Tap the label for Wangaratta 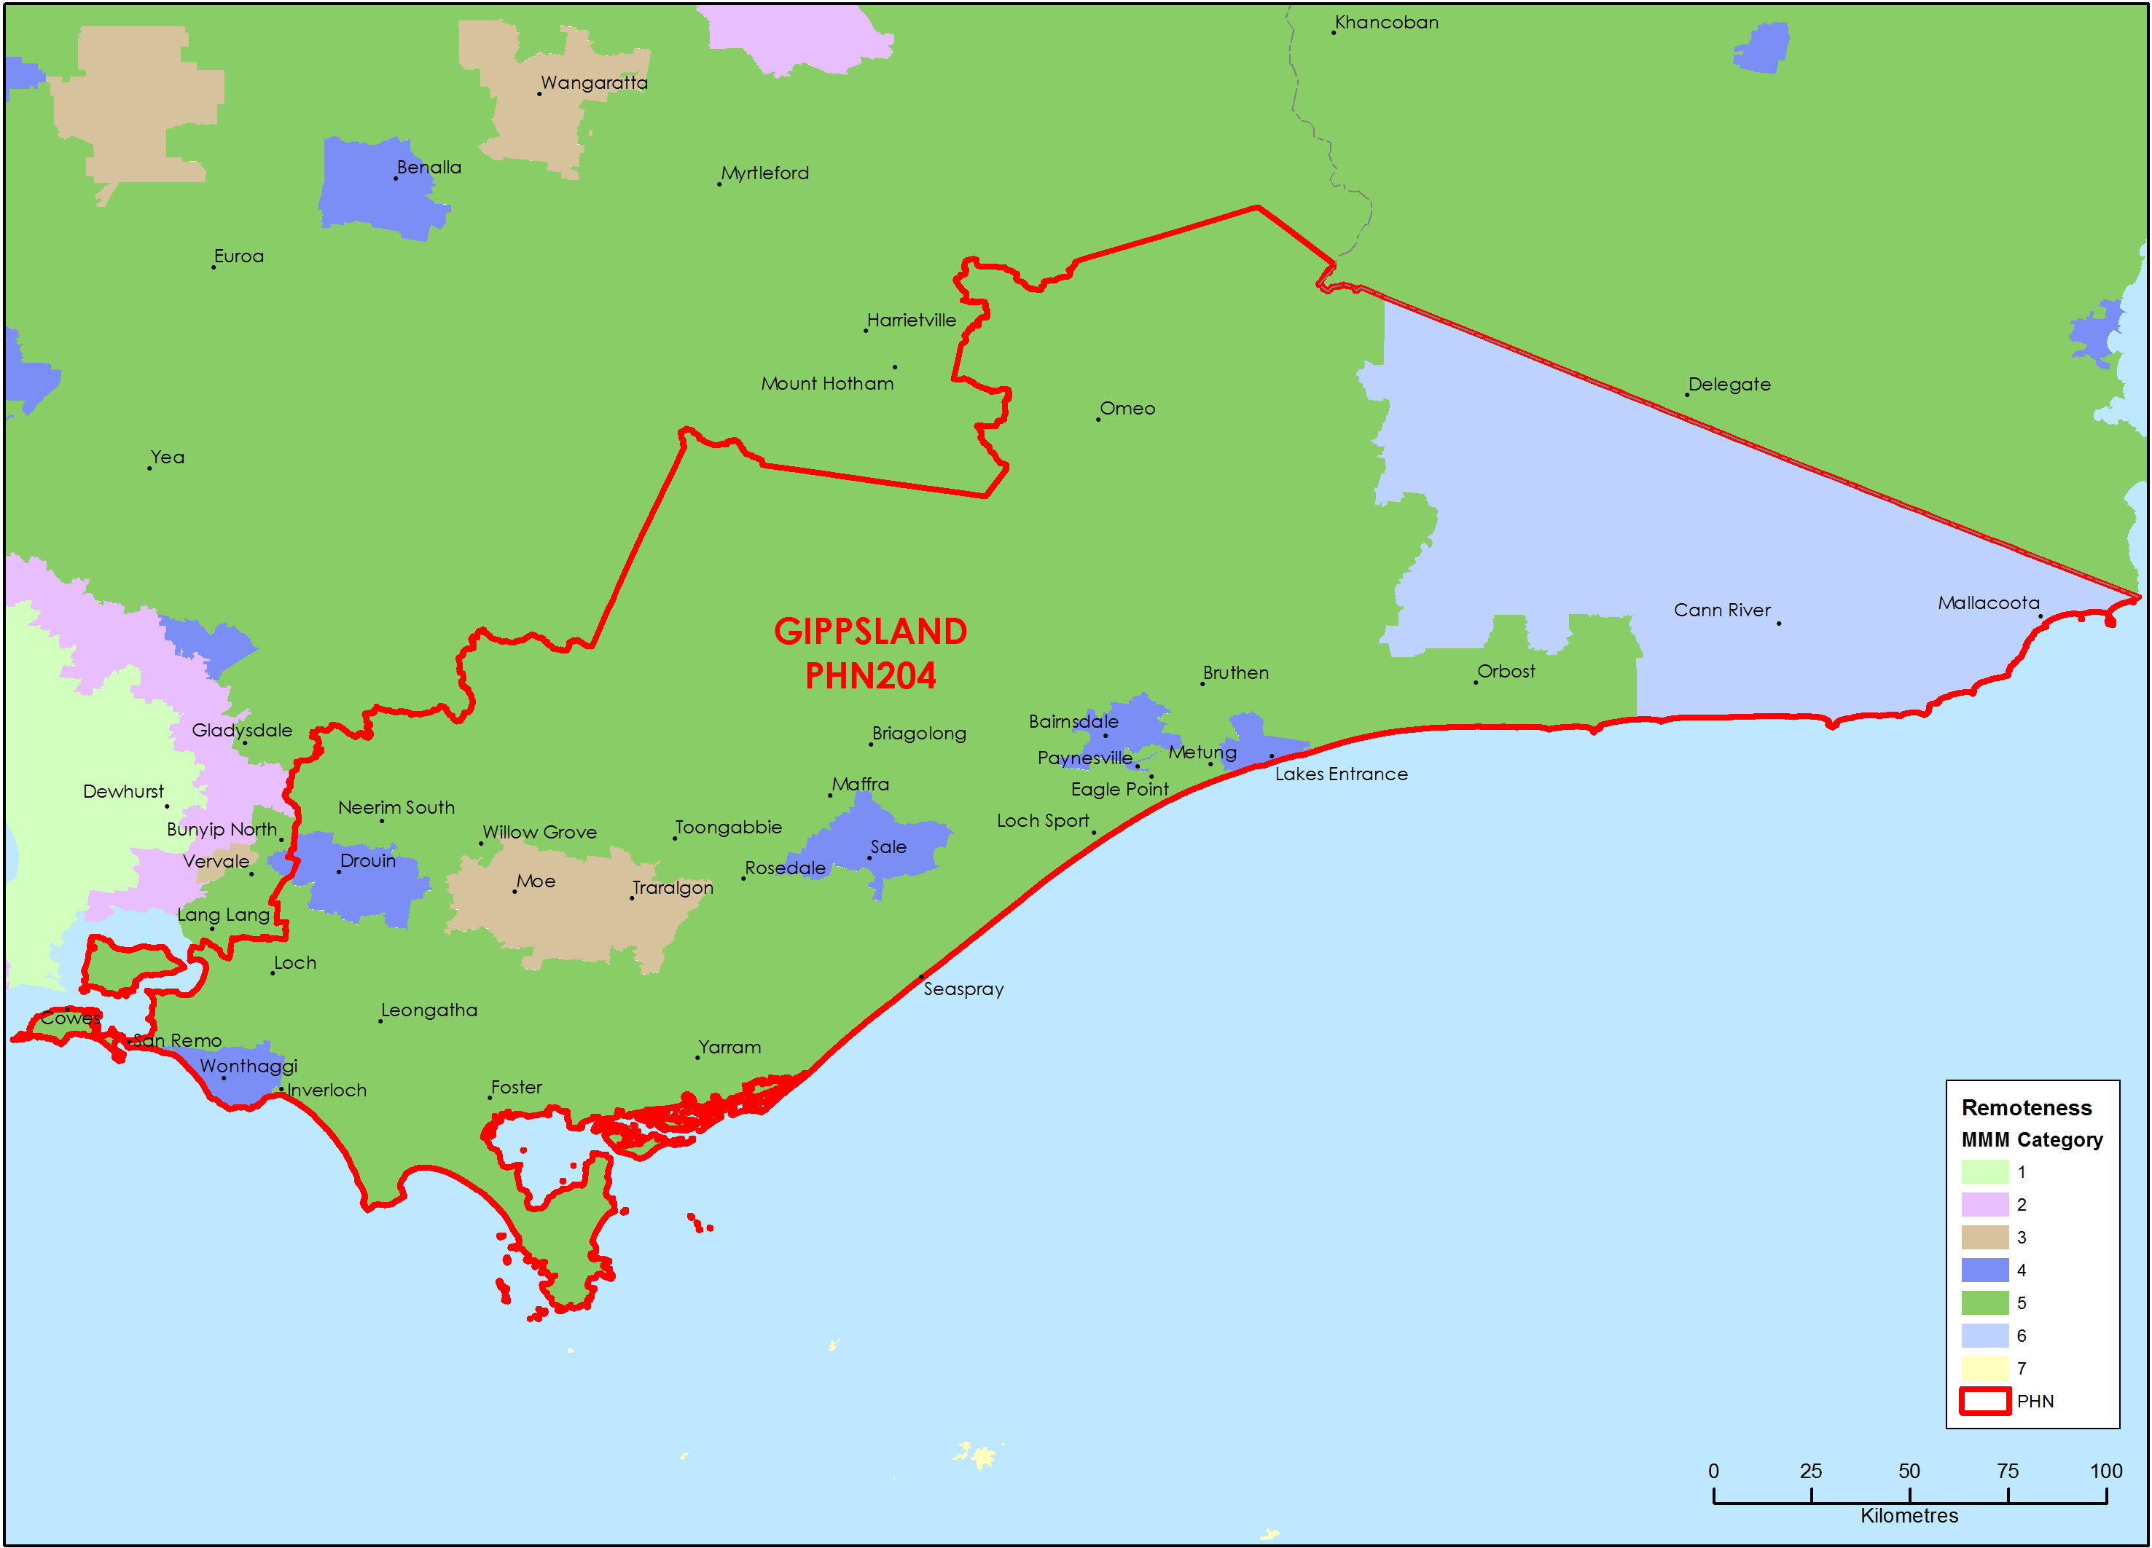[x=594, y=84]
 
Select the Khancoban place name [x=1385, y=23]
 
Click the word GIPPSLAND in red [x=870, y=632]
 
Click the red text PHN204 [x=870, y=676]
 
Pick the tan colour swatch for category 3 [x=1984, y=1237]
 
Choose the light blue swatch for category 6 [x=1984, y=1335]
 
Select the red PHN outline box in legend [x=1984, y=1401]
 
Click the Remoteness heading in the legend [x=2026, y=1108]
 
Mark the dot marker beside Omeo [x=1097, y=420]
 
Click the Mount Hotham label [x=826, y=384]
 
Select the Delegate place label [x=1728, y=385]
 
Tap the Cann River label [x=1721, y=611]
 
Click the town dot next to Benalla [x=396, y=178]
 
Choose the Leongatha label [x=429, y=1010]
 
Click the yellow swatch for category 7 [x=1984, y=1368]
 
